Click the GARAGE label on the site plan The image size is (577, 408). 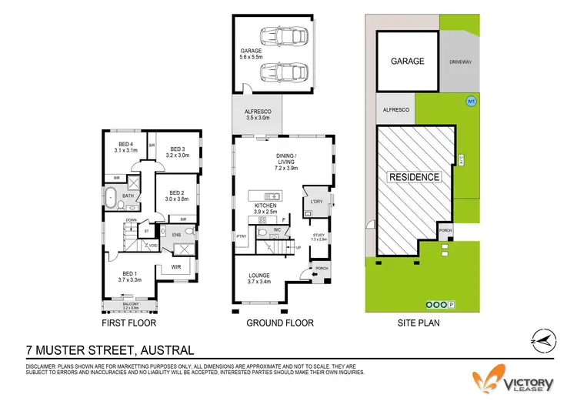(408, 61)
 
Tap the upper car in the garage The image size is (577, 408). (285, 35)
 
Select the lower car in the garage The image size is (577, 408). (285, 74)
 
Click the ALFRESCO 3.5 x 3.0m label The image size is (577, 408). (253, 116)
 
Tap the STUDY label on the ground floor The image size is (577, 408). (319, 236)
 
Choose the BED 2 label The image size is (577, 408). (176, 196)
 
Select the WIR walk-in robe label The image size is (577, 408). (175, 268)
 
